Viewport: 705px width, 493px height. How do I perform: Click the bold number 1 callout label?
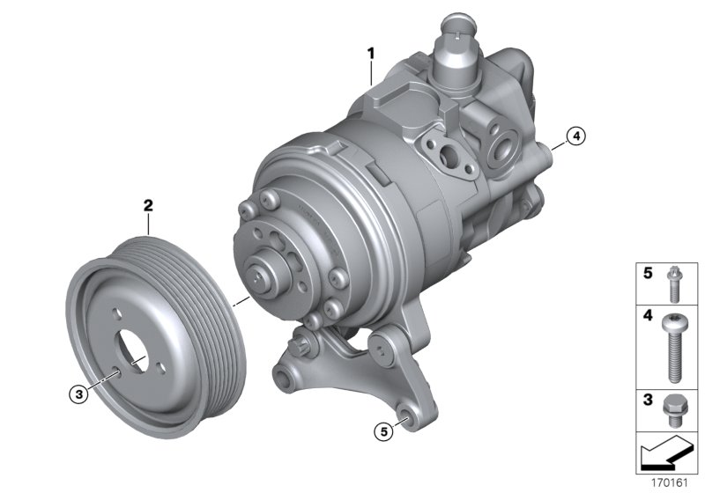[x=371, y=53]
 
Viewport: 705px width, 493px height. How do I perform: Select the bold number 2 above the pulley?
[x=149, y=205]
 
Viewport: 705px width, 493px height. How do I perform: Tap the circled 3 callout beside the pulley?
[x=80, y=395]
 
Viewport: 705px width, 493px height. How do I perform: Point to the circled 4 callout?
[x=574, y=136]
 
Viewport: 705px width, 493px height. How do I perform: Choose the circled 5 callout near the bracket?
[x=382, y=431]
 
